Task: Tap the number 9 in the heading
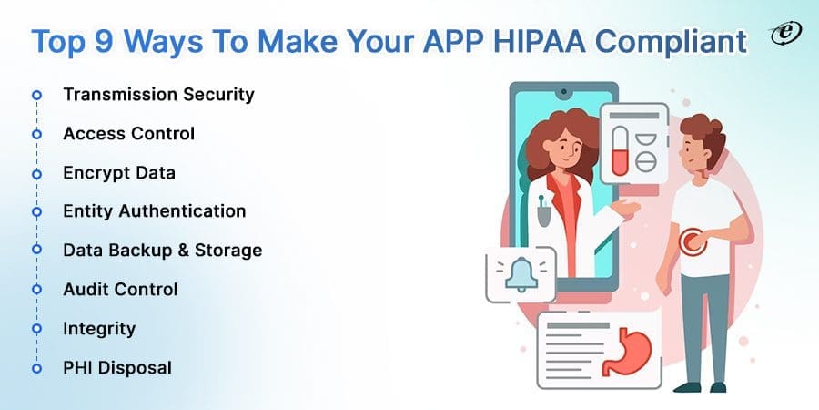click(x=106, y=41)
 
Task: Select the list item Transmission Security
click(x=158, y=94)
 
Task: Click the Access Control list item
click(x=128, y=133)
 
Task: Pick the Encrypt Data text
click(x=119, y=172)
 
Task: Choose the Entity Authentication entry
click(x=154, y=210)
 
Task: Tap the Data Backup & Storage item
click(x=163, y=250)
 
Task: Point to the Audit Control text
click(x=120, y=289)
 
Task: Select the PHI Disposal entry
click(x=117, y=367)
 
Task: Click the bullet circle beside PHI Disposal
click(x=36, y=368)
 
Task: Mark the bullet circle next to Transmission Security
click(x=36, y=95)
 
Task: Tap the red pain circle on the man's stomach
click(x=693, y=241)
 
